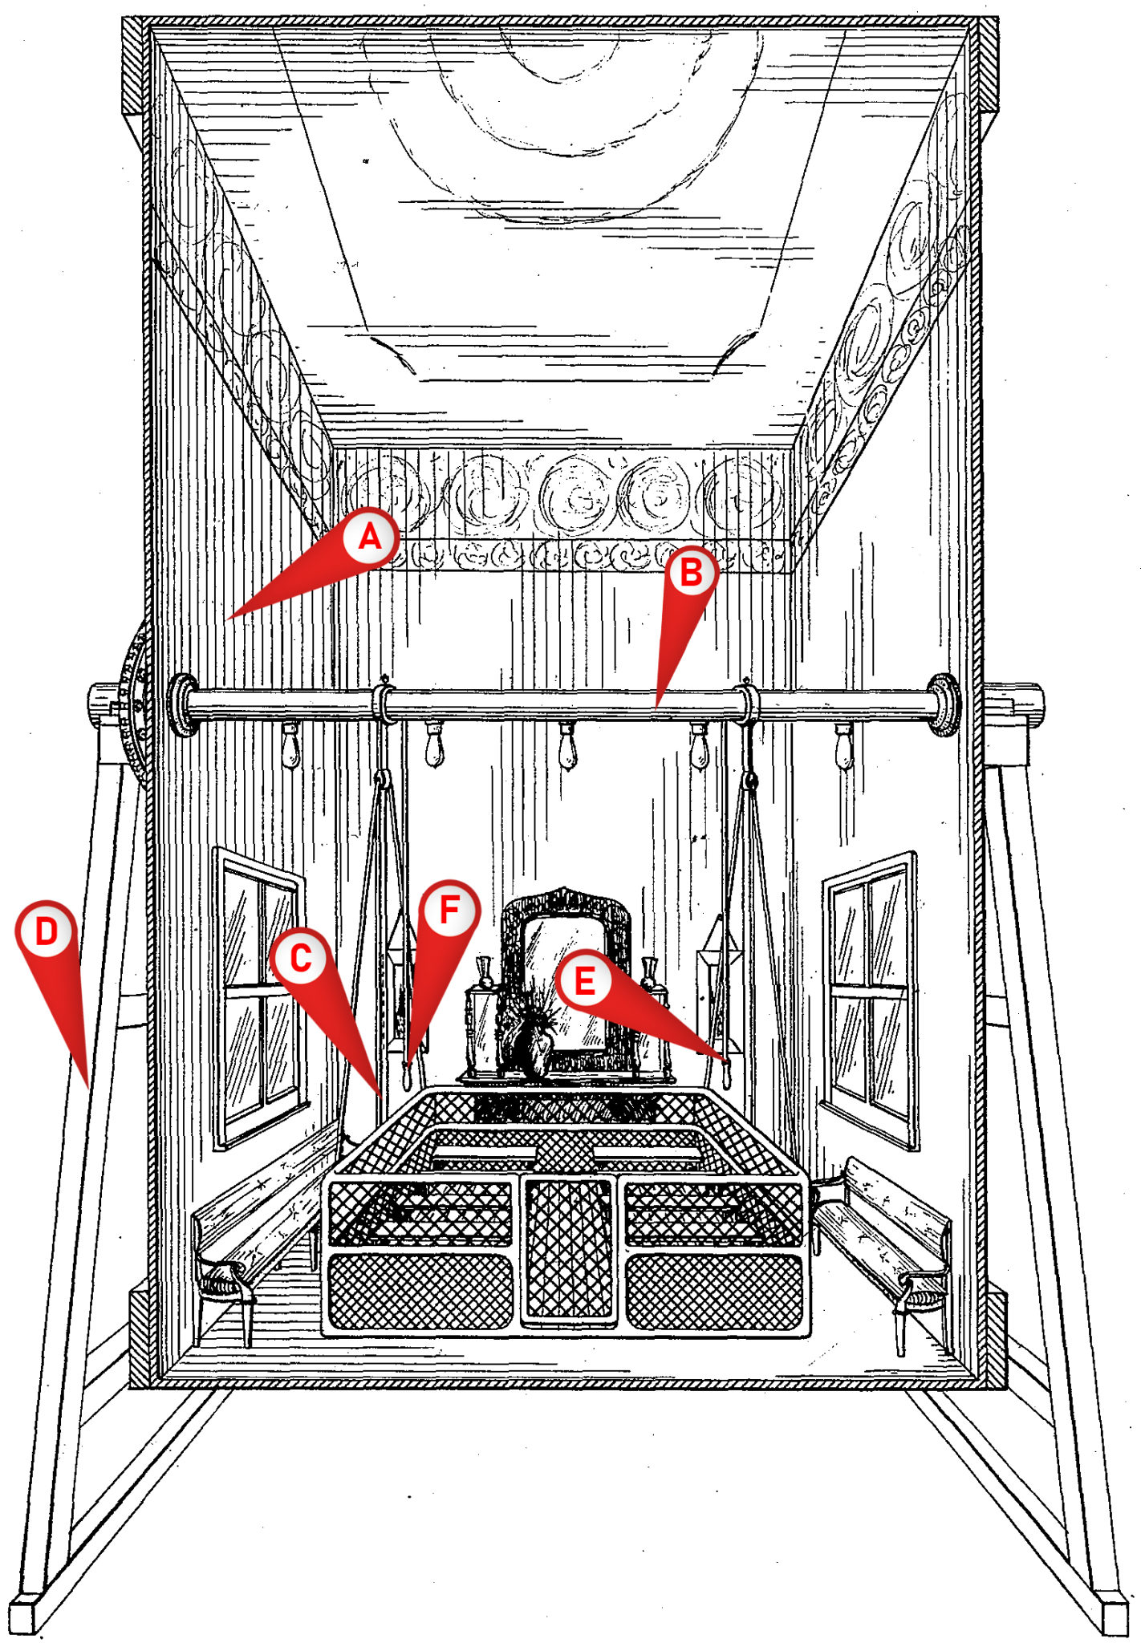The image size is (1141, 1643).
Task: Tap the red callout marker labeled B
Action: tap(691, 572)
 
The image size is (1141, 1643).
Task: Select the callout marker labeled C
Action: tap(299, 957)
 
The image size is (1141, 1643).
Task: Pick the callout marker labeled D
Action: tap(46, 931)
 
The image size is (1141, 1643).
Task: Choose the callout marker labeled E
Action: tap(585, 980)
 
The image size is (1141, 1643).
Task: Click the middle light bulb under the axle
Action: tap(568, 747)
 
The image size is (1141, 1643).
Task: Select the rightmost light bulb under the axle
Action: tap(843, 747)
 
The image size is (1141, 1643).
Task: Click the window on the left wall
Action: tap(258, 995)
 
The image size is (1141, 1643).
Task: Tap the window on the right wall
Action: tap(871, 999)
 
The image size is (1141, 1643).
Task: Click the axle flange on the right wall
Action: tap(942, 704)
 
